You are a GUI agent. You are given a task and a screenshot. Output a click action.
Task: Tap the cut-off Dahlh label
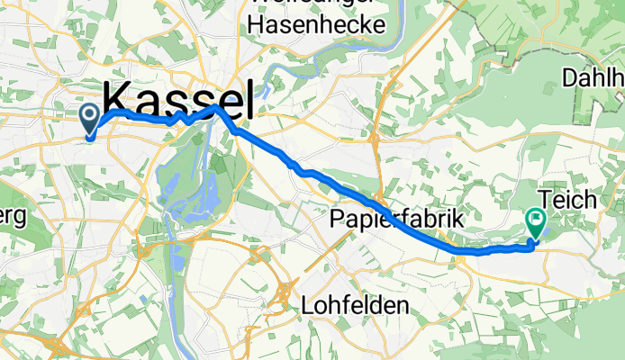pos(593,78)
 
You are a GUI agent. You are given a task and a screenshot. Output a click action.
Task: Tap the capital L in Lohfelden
pos(305,306)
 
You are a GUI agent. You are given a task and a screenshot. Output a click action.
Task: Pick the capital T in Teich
pos(543,199)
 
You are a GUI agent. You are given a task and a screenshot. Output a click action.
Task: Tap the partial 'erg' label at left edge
pos(11,220)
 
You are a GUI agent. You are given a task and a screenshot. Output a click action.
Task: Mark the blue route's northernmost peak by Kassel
pos(214,106)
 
